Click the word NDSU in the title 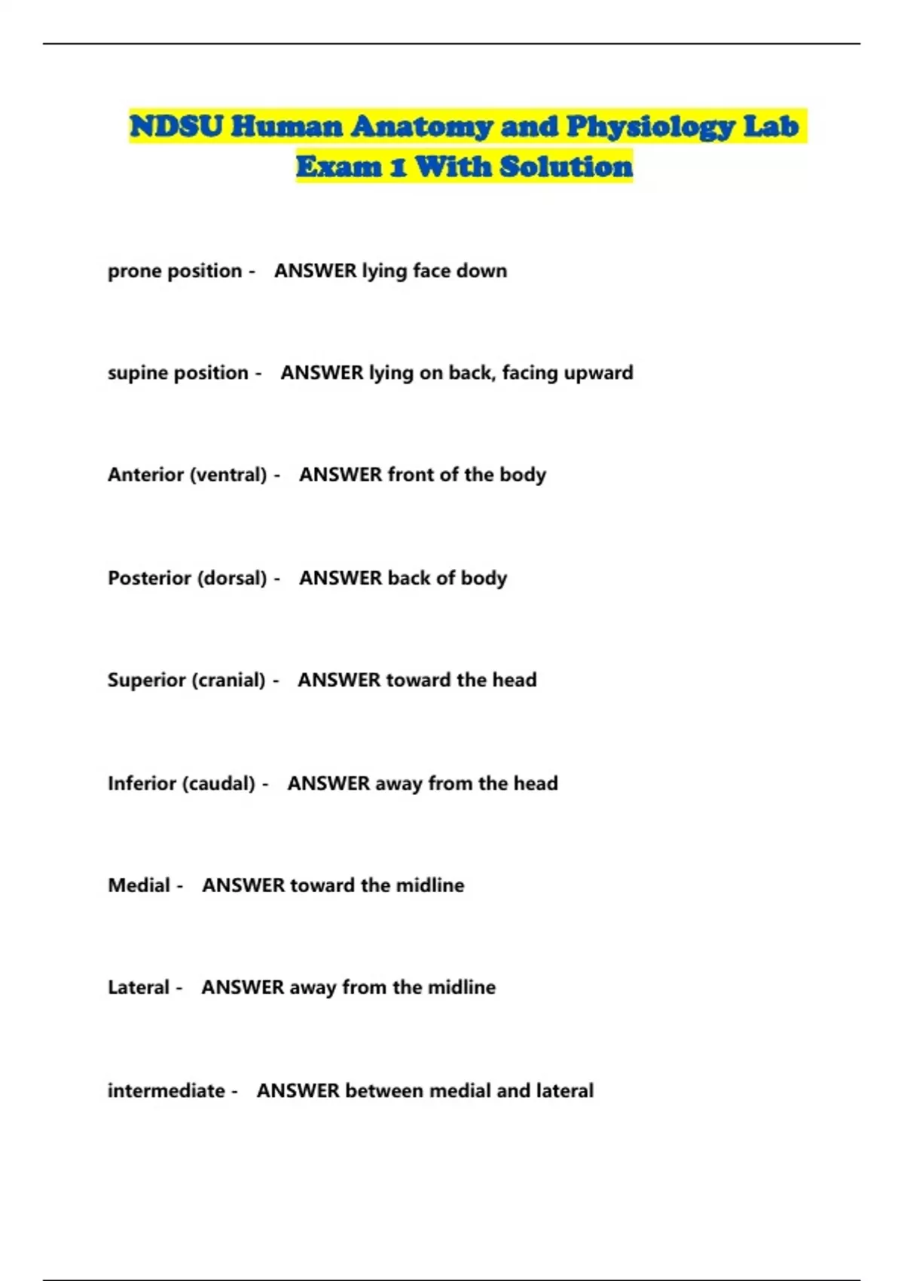point(176,126)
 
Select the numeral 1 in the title point(399,167)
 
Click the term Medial point(139,885)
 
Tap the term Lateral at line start point(139,987)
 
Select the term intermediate point(166,1090)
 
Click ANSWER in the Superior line point(339,680)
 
